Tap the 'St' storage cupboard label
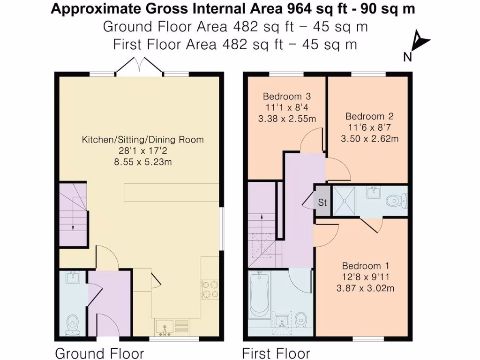322,203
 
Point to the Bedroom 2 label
369,116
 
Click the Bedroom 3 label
286,97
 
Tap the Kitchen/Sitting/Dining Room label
143,140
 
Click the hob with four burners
210,288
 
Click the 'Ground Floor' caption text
99,353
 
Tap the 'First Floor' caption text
276,353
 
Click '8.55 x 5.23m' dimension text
143,162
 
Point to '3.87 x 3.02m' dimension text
365,288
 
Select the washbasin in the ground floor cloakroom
73,277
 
